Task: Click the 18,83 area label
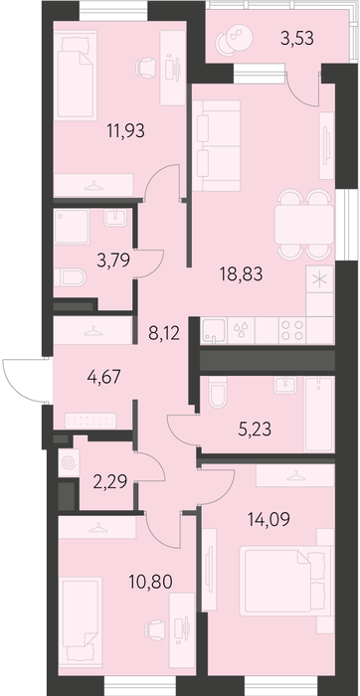[241, 274]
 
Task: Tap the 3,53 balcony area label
[297, 38]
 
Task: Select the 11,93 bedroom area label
[125, 131]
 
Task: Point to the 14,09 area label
[270, 518]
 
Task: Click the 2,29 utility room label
[110, 480]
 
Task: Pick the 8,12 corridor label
[164, 333]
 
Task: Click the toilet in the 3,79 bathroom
[71, 277]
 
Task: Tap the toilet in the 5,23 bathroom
[218, 392]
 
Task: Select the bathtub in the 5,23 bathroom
[318, 415]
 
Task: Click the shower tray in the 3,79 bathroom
[72, 227]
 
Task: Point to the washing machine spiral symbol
[69, 463]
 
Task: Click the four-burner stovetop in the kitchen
[292, 330]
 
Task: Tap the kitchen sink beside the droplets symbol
[215, 331]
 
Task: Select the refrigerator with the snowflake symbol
[319, 278]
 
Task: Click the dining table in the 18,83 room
[304, 224]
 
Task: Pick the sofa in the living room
[217, 145]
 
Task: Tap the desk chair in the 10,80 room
[155, 630]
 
